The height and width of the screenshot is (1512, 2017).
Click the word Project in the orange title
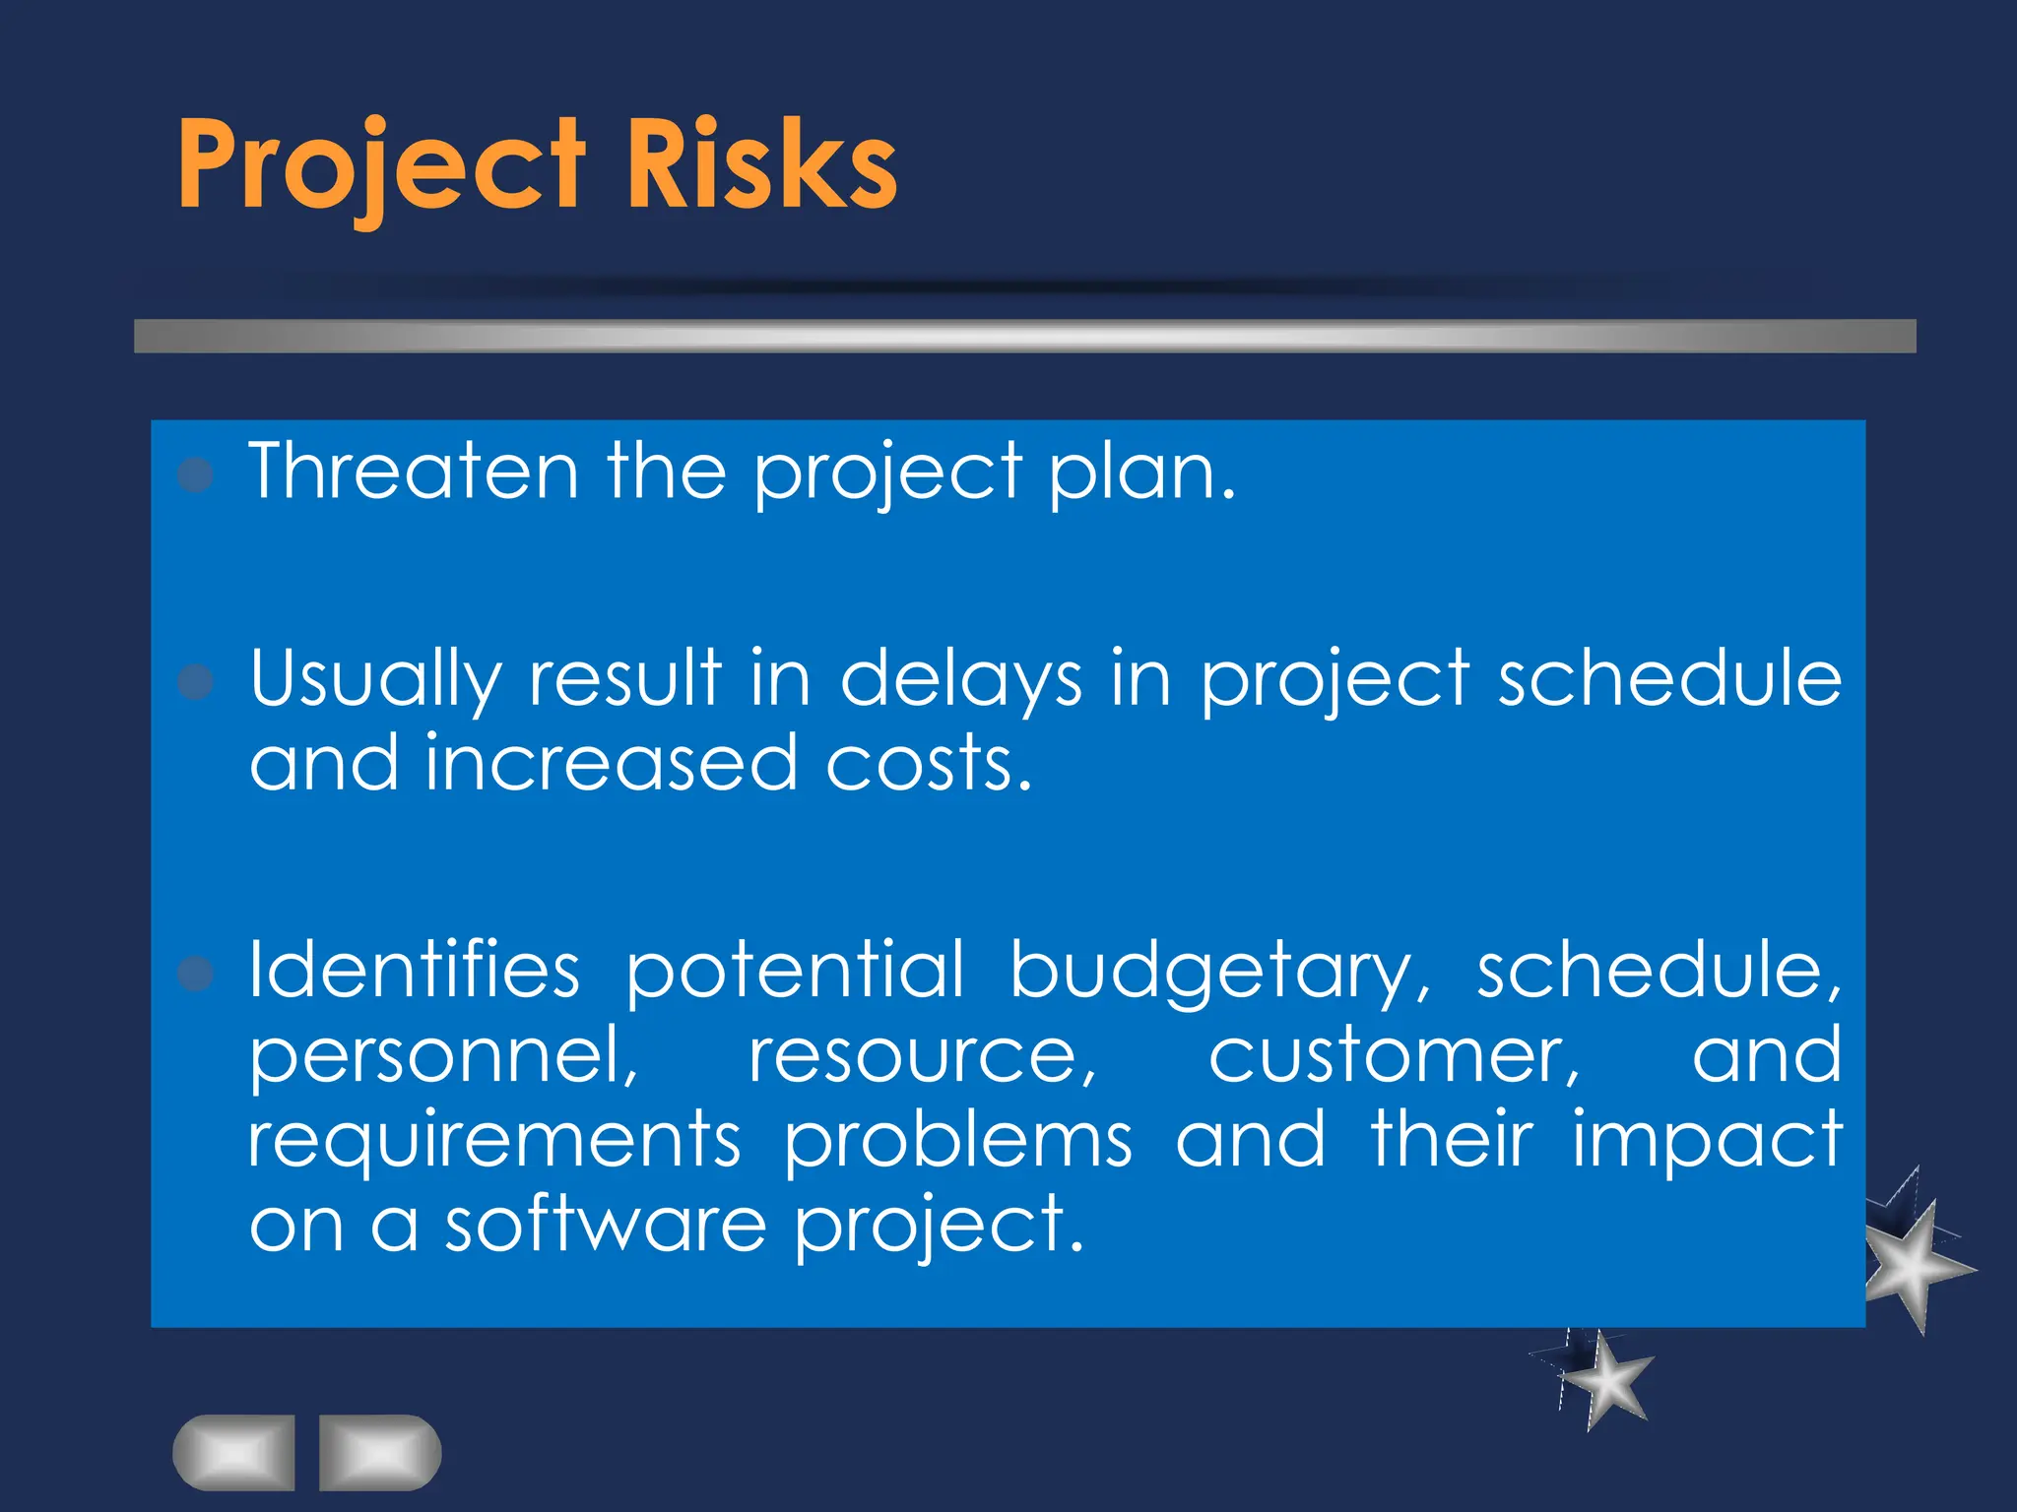coord(382,165)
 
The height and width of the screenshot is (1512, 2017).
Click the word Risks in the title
coord(760,165)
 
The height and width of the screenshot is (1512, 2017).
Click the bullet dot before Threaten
coord(196,475)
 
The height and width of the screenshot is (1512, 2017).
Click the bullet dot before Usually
coord(196,681)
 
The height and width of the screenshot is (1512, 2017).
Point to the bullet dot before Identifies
coord(196,974)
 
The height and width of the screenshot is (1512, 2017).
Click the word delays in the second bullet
coord(961,679)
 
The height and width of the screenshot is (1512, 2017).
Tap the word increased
coord(611,763)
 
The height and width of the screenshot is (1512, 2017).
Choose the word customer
coord(1393,1055)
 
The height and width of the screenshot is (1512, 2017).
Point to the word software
coord(606,1225)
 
